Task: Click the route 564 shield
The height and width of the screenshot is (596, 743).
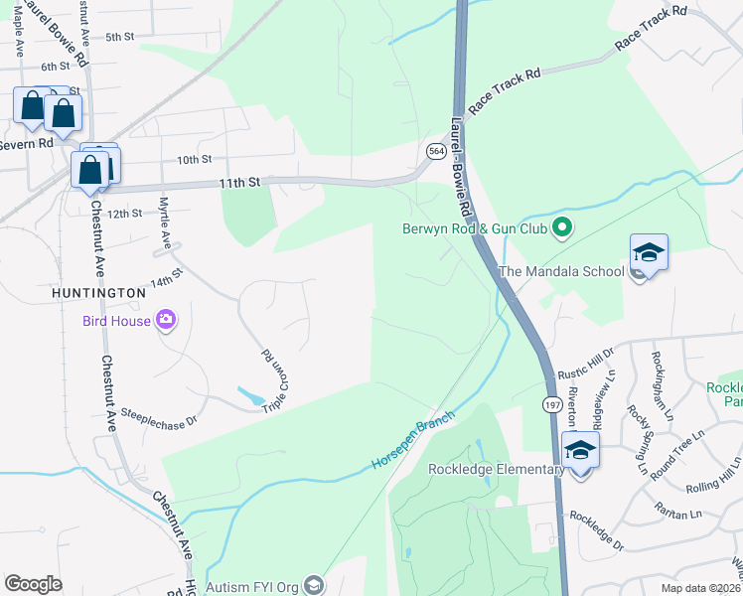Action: tap(436, 151)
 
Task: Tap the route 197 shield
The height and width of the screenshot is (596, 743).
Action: tap(552, 405)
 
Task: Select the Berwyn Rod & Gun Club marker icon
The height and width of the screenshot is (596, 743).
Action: tap(561, 228)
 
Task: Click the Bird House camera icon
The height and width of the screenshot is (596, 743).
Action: tap(165, 320)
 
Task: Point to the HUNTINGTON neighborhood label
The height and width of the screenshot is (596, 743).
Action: tap(98, 293)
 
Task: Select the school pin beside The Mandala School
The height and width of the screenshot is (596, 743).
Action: tap(649, 253)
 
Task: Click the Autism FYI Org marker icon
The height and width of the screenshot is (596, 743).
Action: tap(314, 586)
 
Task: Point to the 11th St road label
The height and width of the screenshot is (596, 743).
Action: tap(239, 183)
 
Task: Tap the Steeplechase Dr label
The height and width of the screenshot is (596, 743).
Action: tap(159, 420)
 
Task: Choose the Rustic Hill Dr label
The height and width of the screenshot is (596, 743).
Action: tap(586, 363)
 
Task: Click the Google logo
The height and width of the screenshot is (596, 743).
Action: tap(33, 584)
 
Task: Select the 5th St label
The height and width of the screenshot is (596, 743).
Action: tap(119, 37)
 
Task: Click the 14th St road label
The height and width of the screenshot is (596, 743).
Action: tap(166, 276)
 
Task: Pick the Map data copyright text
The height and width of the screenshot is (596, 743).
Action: tap(698, 588)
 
